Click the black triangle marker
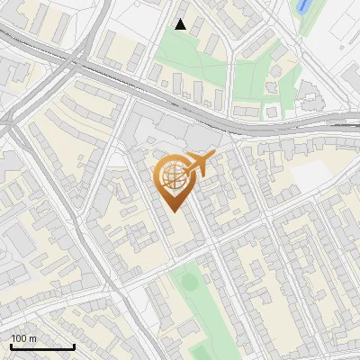[181, 24]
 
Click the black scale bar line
[42, 346]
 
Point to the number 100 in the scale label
[20, 338]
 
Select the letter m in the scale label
[33, 338]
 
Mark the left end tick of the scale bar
[11, 345]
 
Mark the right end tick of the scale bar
[74, 345]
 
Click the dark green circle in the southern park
[190, 282]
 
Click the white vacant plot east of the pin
[311, 175]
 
